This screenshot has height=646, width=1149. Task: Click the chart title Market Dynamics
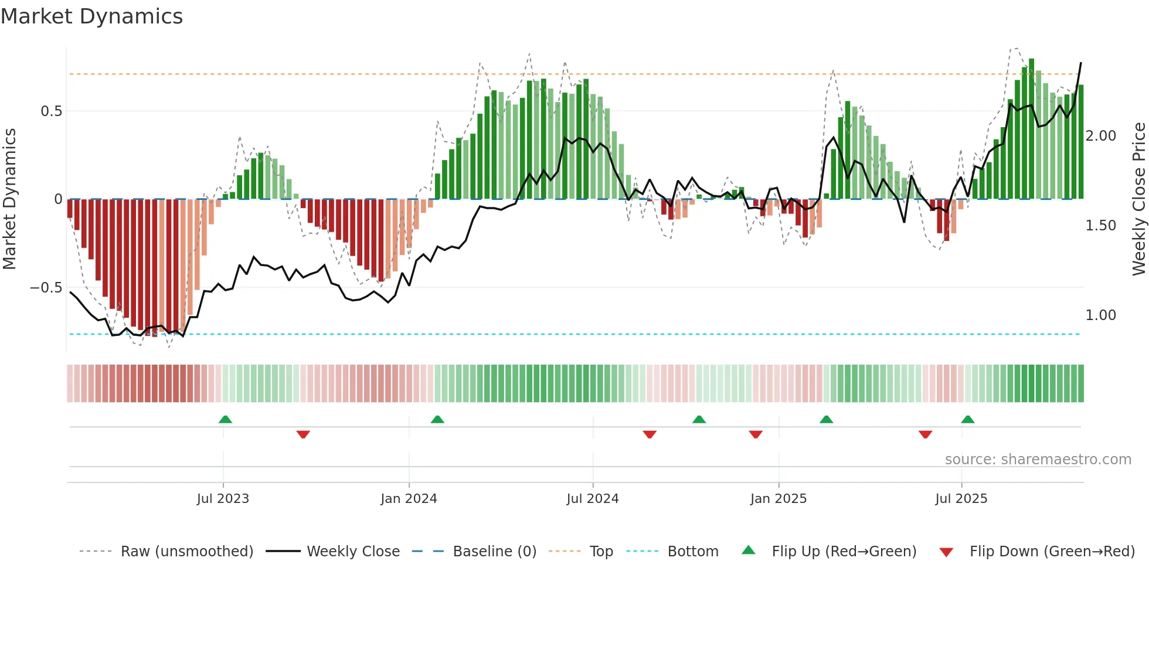pyautogui.click(x=92, y=16)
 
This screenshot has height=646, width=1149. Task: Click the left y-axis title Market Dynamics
pyautogui.click(x=10, y=199)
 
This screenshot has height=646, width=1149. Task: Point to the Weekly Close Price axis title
pyautogui.click(x=1138, y=199)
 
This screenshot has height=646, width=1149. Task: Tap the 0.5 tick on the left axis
pyautogui.click(x=51, y=111)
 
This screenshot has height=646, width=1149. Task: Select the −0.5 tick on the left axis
pyautogui.click(x=46, y=288)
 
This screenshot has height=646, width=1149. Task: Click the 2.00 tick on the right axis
pyautogui.click(x=1100, y=136)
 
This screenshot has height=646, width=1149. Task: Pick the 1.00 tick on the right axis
pyautogui.click(x=1100, y=315)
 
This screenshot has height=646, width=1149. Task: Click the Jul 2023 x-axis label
pyautogui.click(x=223, y=499)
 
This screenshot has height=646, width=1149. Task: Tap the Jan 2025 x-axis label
pyautogui.click(x=778, y=499)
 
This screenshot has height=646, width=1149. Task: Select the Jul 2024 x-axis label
pyautogui.click(x=592, y=499)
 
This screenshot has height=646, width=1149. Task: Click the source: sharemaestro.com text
pyautogui.click(x=1038, y=460)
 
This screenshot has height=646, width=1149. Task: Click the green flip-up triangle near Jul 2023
pyautogui.click(x=225, y=419)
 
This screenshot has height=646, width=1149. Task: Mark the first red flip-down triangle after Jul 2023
pyautogui.click(x=303, y=434)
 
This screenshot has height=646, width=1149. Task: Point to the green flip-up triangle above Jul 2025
pyautogui.click(x=968, y=419)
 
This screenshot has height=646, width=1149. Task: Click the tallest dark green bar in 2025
pyautogui.click(x=1031, y=129)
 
